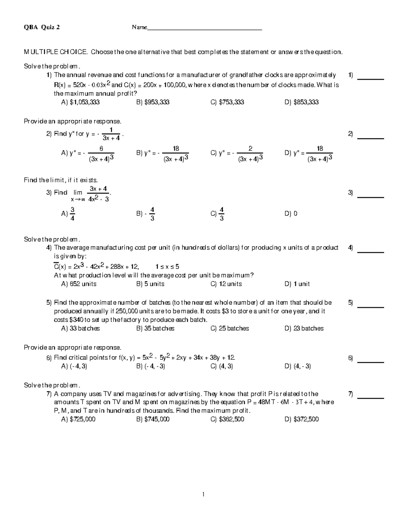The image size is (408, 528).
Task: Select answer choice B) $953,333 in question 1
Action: (x=153, y=102)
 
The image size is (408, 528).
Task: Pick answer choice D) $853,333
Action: (x=301, y=102)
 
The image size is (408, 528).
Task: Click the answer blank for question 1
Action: (x=371, y=79)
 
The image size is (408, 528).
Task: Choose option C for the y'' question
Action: (x=237, y=154)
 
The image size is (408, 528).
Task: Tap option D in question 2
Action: (x=308, y=154)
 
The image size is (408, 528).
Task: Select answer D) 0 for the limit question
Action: (x=291, y=214)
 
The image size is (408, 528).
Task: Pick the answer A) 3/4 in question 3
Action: (x=69, y=214)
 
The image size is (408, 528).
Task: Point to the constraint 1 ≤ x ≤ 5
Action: (x=167, y=267)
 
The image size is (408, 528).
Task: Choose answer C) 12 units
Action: (x=226, y=284)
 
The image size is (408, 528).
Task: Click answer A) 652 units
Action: (x=79, y=284)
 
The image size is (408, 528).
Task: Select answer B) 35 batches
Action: (x=155, y=328)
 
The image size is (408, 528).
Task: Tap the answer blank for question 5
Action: (x=371, y=307)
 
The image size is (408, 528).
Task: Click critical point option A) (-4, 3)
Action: (x=74, y=366)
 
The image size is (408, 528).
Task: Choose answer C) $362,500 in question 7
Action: (x=227, y=419)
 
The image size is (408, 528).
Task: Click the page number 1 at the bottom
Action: (x=203, y=494)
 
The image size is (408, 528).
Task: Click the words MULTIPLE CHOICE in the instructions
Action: (x=55, y=52)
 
